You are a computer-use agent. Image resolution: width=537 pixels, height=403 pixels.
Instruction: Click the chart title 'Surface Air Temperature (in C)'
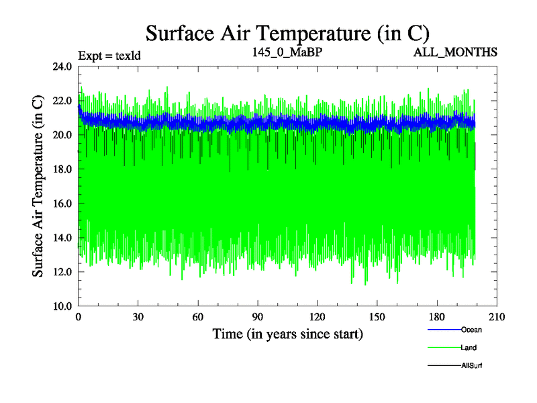[x=287, y=32]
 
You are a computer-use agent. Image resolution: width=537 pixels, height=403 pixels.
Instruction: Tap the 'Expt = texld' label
[x=110, y=55]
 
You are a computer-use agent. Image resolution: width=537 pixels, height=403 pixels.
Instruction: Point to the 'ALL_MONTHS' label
[x=455, y=52]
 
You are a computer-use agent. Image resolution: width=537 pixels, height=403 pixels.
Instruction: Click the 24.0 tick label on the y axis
[x=64, y=66]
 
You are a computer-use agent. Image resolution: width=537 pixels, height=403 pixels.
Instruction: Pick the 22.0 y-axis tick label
[x=64, y=101]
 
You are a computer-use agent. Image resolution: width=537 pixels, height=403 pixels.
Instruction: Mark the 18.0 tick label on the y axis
[x=64, y=169]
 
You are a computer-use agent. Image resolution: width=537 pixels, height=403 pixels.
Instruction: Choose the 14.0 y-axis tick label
[x=64, y=238]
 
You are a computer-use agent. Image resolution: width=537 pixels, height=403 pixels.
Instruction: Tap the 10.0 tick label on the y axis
[x=64, y=306]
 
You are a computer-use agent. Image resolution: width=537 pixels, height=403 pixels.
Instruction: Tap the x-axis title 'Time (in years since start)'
[x=287, y=334]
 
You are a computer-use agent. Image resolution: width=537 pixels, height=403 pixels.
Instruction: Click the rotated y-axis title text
[x=39, y=186]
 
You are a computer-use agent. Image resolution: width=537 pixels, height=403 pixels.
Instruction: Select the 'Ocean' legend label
[x=471, y=330]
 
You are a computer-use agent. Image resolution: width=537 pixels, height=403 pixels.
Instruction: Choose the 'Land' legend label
[x=469, y=347]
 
